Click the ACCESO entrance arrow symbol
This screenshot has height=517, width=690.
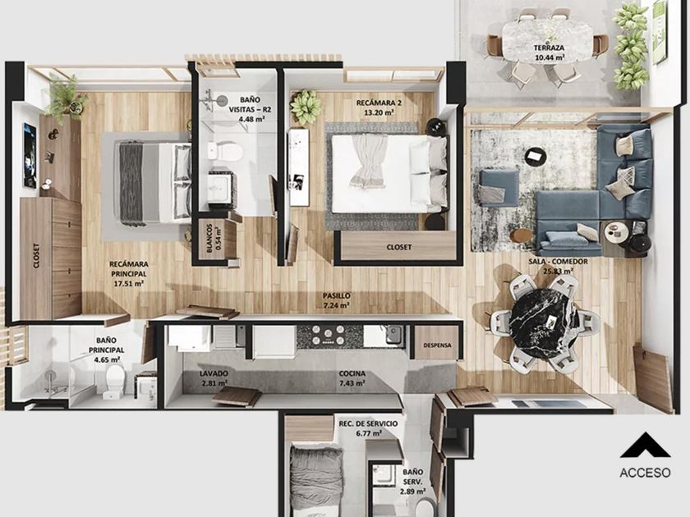tap(645, 445)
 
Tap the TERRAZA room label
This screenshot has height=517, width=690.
tap(549, 48)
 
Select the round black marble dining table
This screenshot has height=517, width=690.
tap(545, 324)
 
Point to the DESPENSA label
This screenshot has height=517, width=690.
tap(437, 345)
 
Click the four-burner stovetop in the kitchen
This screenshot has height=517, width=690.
tap(329, 335)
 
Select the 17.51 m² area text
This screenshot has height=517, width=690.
tap(128, 284)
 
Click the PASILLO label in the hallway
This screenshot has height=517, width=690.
tap(336, 296)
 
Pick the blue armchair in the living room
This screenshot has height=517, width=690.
tap(499, 188)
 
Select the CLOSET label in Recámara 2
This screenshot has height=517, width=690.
tap(399, 247)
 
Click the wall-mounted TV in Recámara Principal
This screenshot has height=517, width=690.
tap(30, 155)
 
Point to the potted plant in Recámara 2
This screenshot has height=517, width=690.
tap(305, 107)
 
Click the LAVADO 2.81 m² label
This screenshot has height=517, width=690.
tap(214, 378)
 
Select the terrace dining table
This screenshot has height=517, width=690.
tap(548, 43)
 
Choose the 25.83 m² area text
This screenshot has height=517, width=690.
tap(558, 272)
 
